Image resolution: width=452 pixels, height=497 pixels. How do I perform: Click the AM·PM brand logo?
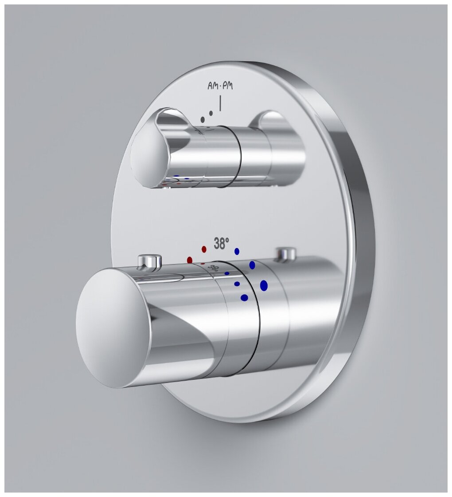pos(220,86)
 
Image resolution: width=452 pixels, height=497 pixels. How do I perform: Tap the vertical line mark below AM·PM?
pos(220,103)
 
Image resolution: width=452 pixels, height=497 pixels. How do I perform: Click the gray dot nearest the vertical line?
pos(211,113)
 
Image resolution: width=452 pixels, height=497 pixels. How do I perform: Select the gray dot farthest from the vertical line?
pos(203,119)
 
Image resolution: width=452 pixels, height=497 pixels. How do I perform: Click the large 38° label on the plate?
pos(221,244)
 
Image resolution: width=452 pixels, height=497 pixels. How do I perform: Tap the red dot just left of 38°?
pos(204,249)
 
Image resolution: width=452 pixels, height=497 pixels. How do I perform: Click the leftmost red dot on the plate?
pos(190,260)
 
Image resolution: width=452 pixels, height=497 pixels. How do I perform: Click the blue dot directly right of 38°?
pos(237,251)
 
